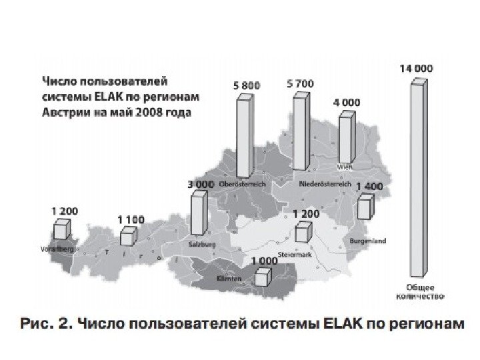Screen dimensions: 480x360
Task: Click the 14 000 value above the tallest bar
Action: click(416, 67)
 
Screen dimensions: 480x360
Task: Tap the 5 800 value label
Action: click(247, 85)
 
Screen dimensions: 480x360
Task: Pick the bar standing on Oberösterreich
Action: click(245, 137)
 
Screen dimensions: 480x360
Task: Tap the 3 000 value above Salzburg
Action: click(200, 183)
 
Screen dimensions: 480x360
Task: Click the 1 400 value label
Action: click(369, 187)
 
